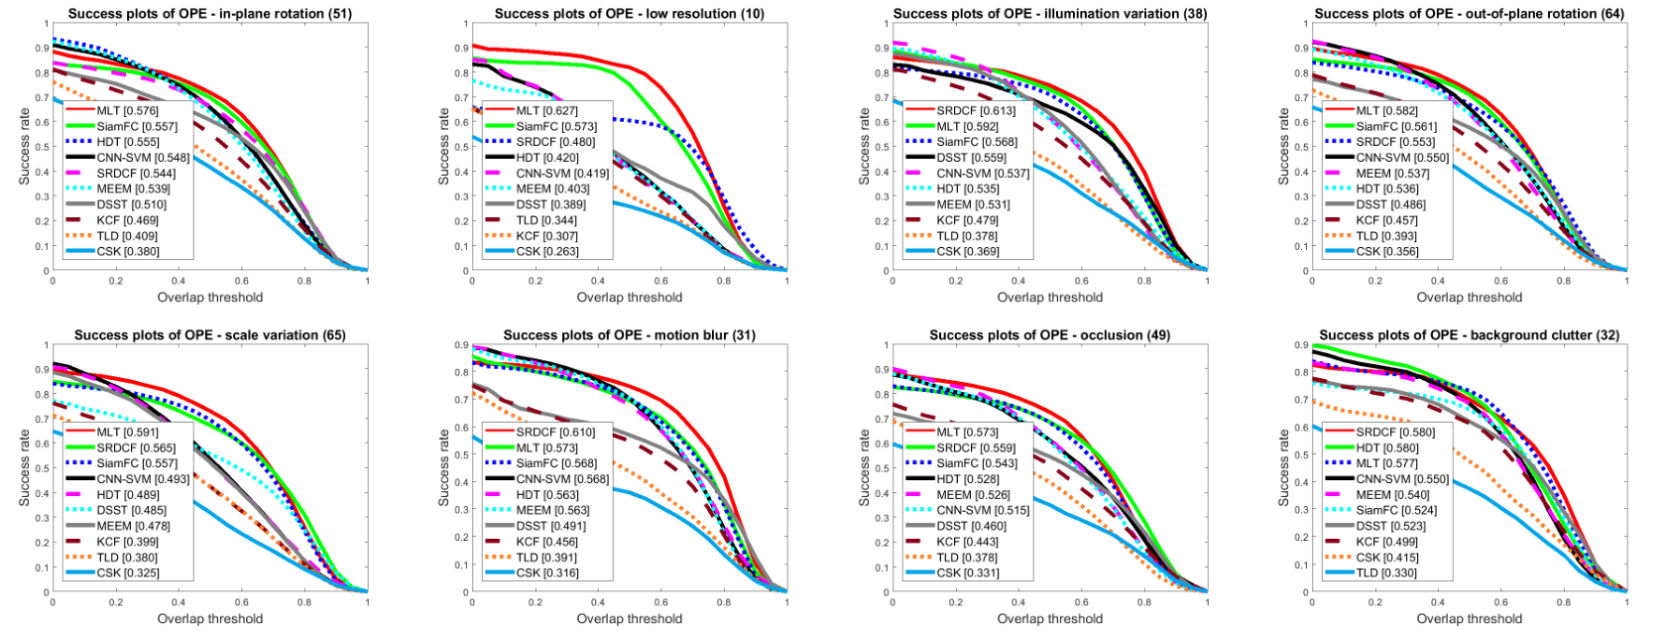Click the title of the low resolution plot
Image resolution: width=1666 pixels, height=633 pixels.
[x=629, y=13]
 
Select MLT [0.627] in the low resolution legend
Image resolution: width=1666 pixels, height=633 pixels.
[x=546, y=111]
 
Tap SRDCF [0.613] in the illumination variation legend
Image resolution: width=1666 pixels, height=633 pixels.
[x=976, y=111]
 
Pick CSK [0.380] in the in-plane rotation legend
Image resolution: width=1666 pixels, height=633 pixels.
[x=127, y=251]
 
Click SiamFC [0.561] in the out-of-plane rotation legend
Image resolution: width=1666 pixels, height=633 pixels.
[x=1396, y=126]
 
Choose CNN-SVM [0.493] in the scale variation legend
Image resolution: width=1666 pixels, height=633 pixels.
[x=143, y=479]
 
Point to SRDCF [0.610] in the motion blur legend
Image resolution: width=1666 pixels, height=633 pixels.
[x=555, y=433]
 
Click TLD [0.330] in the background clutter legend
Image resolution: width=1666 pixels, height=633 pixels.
[x=1386, y=572]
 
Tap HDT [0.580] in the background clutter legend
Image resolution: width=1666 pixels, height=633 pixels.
[x=1387, y=447]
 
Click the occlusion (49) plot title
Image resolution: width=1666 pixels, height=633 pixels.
[x=1049, y=334]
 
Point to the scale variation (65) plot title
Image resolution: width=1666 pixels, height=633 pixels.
[x=210, y=334]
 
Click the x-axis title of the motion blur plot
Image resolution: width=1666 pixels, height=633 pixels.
[x=629, y=618]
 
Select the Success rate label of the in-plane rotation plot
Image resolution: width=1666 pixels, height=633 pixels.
[x=25, y=147]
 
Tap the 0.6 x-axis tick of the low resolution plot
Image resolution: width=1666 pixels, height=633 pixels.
[x=661, y=281]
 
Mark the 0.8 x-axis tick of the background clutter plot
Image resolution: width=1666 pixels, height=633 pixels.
[x=1564, y=602]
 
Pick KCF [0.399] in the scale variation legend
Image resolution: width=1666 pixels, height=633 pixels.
[x=127, y=542]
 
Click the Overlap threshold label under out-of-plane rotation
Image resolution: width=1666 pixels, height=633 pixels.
[x=1469, y=297]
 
